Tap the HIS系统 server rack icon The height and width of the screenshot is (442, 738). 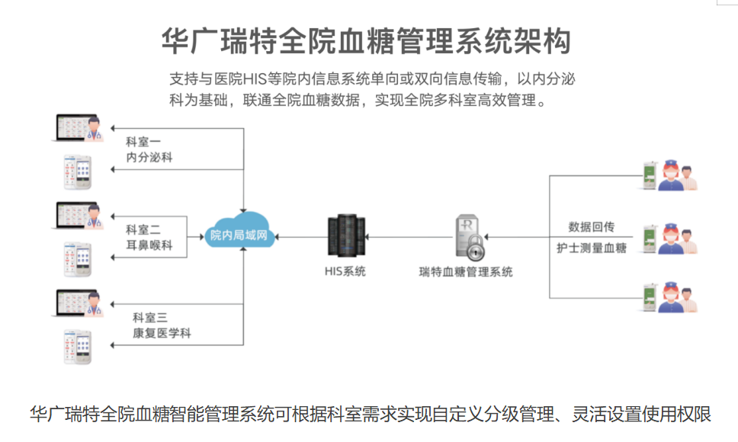click(x=344, y=236)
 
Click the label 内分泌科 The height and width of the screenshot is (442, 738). click(x=149, y=158)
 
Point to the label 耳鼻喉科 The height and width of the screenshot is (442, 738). click(x=149, y=245)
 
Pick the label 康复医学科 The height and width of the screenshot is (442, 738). click(x=161, y=333)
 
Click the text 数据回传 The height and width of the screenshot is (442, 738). click(x=592, y=226)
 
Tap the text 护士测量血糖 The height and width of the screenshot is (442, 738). click(x=592, y=248)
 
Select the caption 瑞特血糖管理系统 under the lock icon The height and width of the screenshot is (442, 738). click(x=466, y=272)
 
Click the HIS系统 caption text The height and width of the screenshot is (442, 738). click(x=344, y=271)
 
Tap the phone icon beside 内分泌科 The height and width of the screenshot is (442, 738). click(x=77, y=172)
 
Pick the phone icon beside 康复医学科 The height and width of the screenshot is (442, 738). click(x=77, y=347)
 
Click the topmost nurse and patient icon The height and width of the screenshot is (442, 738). click(x=669, y=175)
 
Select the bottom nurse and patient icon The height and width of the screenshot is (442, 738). click(x=669, y=296)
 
